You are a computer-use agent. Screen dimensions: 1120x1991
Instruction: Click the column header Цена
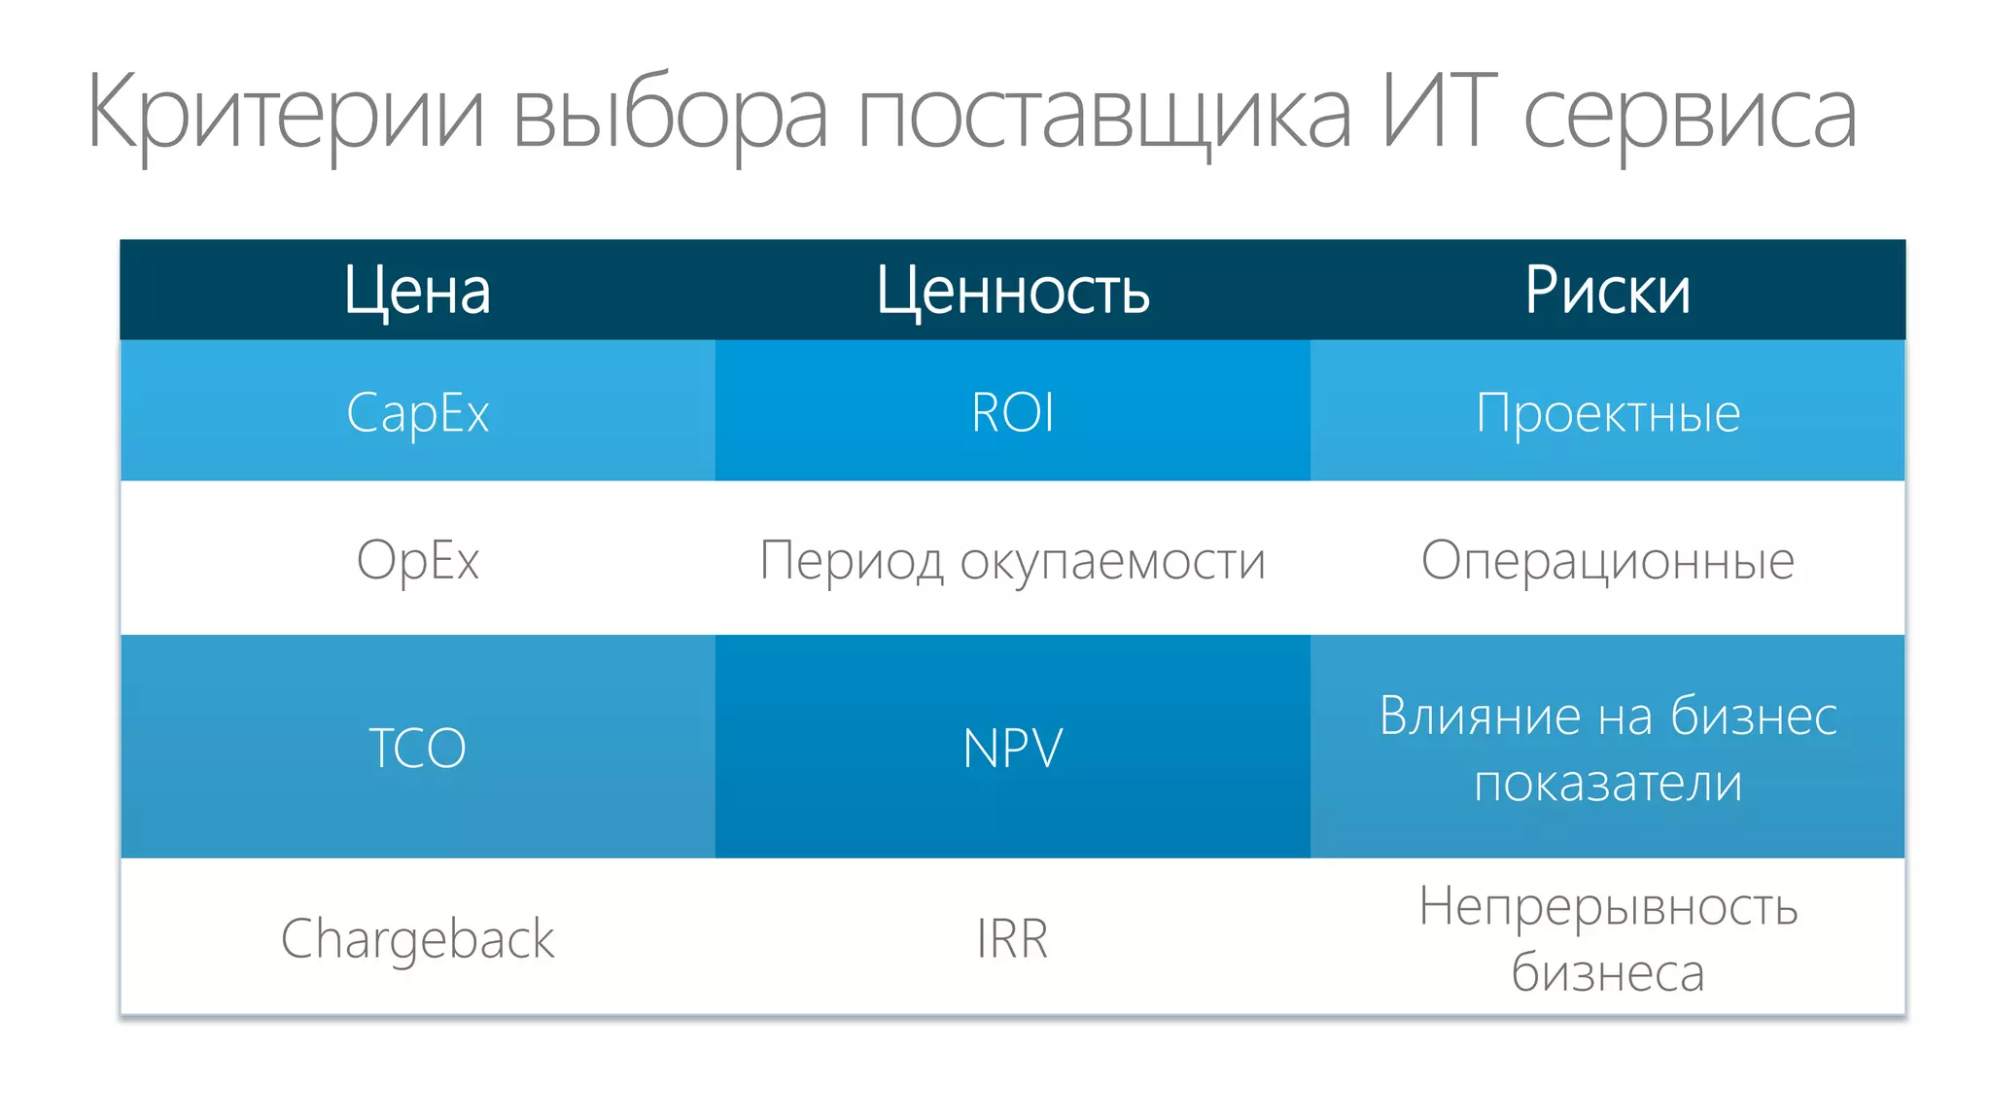(x=417, y=291)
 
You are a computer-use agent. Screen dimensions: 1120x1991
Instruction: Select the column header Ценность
(x=1013, y=291)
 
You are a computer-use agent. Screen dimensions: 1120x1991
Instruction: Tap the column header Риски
(x=1608, y=291)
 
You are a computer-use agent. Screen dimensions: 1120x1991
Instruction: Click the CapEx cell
(x=417, y=412)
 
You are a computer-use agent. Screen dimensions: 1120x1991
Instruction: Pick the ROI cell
(x=1013, y=412)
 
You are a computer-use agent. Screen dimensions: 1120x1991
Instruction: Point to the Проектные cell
(x=1608, y=412)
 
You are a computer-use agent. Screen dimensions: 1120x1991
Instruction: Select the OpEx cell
(x=417, y=560)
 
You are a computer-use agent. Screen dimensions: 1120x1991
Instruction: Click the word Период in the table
(x=851, y=561)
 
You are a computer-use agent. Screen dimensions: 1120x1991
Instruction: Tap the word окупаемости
(x=1113, y=561)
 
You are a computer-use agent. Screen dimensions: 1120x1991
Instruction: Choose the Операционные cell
(x=1608, y=560)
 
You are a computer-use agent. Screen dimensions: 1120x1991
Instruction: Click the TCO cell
(x=417, y=748)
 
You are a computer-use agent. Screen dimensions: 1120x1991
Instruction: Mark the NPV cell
(x=1013, y=748)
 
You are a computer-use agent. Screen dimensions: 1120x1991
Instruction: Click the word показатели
(x=1608, y=783)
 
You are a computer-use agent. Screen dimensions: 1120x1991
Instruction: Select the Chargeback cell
(x=417, y=939)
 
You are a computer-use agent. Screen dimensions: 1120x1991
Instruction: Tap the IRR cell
(x=1013, y=939)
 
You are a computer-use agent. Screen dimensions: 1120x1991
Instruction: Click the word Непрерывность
(x=1608, y=906)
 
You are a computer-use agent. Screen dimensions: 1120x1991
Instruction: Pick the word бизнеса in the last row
(x=1608, y=972)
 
